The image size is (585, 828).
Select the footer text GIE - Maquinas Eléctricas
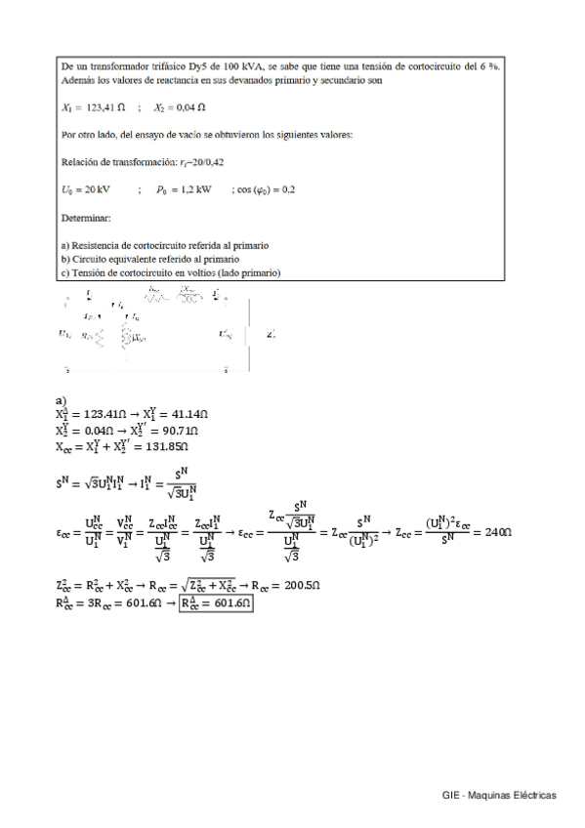click(499, 795)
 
